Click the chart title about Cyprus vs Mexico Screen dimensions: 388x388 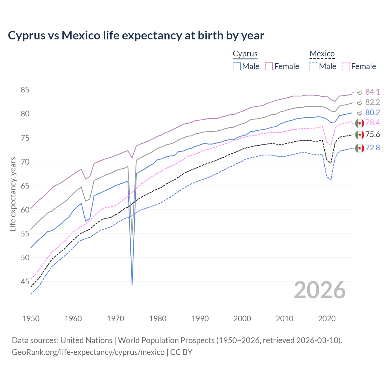[136, 35]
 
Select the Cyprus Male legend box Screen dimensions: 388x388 [237, 66]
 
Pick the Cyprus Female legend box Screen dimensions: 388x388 [269, 66]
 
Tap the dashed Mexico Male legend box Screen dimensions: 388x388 [313, 66]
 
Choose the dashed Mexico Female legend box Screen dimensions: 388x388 [346, 66]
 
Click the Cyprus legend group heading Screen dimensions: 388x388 [245, 54]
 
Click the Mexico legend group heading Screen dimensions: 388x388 [322, 54]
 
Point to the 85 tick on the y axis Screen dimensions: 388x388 [25, 90]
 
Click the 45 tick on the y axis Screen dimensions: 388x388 [25, 282]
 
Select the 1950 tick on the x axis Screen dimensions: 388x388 [31, 319]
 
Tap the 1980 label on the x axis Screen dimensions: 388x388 [158, 319]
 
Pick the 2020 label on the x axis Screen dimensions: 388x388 [327, 319]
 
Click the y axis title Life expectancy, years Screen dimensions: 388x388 [13, 194]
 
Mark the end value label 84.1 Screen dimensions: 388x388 [373, 92]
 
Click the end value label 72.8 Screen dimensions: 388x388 [373, 148]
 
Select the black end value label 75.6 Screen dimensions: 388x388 [373, 135]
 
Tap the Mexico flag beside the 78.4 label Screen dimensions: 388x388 [360, 123]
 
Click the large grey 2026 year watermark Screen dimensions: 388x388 [320, 290]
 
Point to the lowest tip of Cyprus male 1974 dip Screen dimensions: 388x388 [132, 285]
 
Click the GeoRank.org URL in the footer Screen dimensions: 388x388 [88, 352]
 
